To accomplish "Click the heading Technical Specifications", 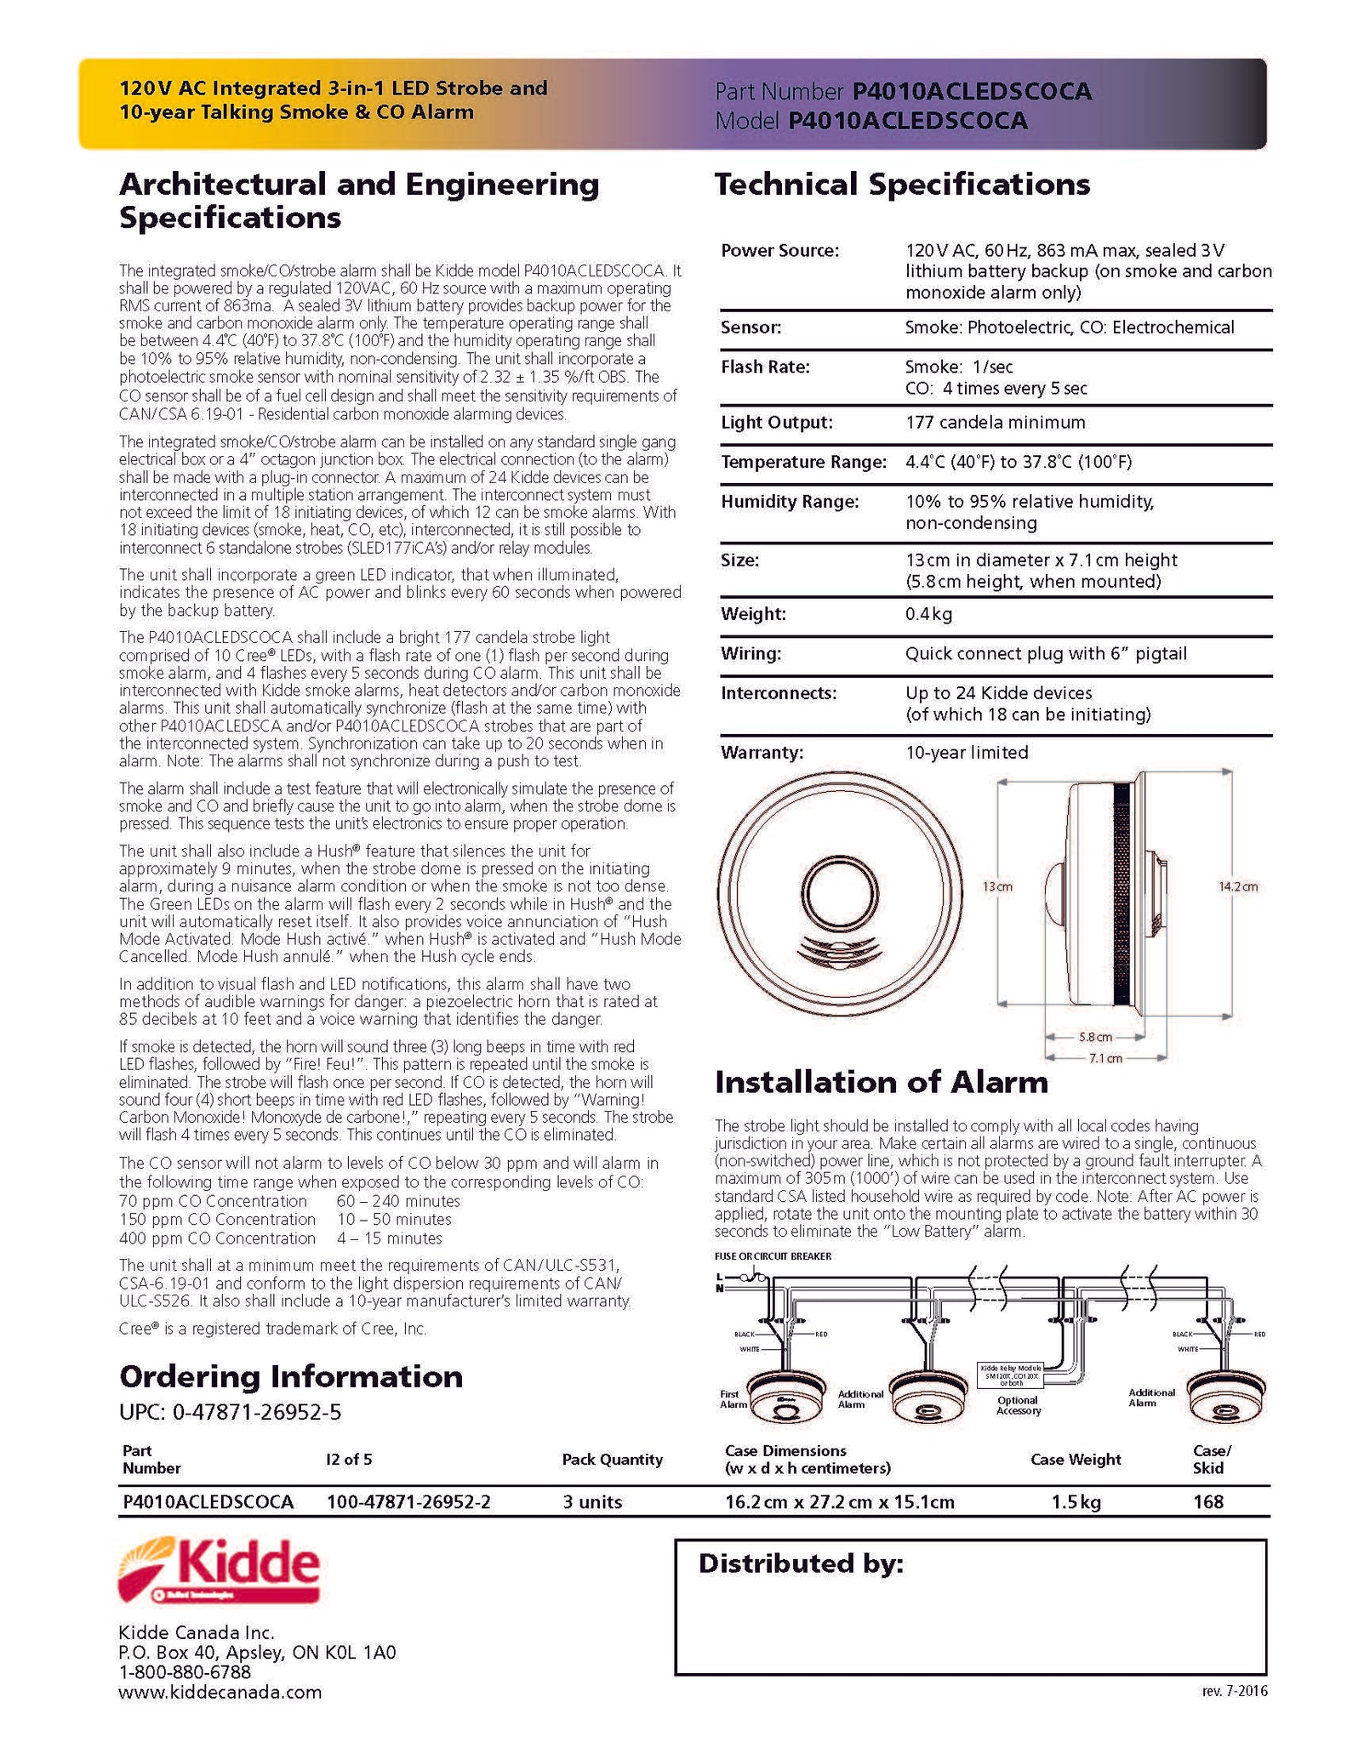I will pyautogui.click(x=902, y=185).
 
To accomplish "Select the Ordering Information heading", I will pyautogui.click(x=291, y=1376).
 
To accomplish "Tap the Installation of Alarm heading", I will pyautogui.click(x=881, y=1082).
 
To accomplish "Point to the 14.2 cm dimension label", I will pyautogui.click(x=1238, y=886).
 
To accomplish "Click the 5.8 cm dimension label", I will pyautogui.click(x=1095, y=1037).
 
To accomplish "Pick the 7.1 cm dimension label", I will pyautogui.click(x=1105, y=1058).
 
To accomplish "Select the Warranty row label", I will pyautogui.click(x=762, y=752).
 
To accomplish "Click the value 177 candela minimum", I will pyautogui.click(x=995, y=422).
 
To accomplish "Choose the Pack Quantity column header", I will pyautogui.click(x=612, y=1460).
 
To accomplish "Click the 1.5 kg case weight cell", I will pyautogui.click(x=1076, y=1502).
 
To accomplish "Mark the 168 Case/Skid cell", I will pyautogui.click(x=1208, y=1502).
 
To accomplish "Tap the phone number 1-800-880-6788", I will pyautogui.click(x=185, y=1672).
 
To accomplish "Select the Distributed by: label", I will pyautogui.click(x=801, y=1563).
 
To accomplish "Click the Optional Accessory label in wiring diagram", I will pyautogui.click(x=1018, y=1405).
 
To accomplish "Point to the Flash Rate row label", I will pyautogui.click(x=765, y=367).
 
